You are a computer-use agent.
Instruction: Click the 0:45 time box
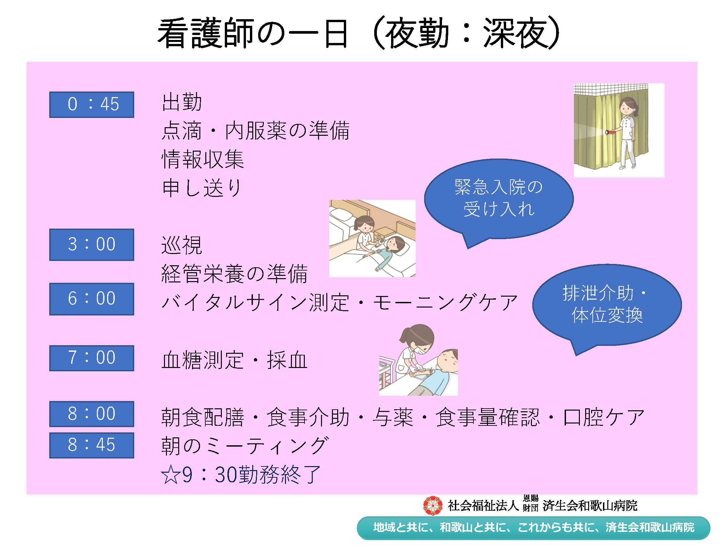coord(92,104)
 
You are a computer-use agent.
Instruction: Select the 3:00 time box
coord(92,244)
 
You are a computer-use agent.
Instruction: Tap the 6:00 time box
coord(92,299)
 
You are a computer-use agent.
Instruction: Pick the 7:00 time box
coord(92,358)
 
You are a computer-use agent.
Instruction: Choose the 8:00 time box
coord(92,414)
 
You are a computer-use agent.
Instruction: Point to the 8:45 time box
coord(92,445)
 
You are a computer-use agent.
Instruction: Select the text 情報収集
coord(203,159)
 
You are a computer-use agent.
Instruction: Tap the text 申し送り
coord(202,188)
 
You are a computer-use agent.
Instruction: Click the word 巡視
coord(181,245)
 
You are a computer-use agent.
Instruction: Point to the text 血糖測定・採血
coord(234,360)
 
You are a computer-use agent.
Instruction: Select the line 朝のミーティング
coord(245,445)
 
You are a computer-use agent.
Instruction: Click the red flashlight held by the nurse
coord(610,132)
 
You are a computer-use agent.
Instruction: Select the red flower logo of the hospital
coord(433,505)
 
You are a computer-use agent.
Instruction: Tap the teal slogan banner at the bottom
coord(534,528)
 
